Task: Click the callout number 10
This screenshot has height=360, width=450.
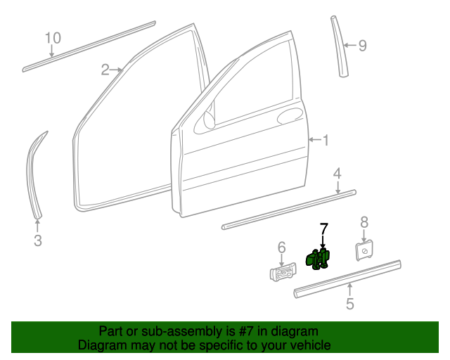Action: coord(53,38)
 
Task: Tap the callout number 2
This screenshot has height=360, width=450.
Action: coord(105,70)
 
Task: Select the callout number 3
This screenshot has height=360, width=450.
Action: coord(38,241)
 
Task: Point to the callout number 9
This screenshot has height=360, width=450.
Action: coord(362,46)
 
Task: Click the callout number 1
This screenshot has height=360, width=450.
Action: coord(325,141)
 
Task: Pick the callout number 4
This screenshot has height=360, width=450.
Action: coord(337,173)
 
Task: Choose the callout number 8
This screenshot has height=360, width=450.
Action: coord(364,222)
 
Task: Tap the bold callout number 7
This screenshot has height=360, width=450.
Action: coord(323,228)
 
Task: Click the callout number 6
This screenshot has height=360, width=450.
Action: coord(281,247)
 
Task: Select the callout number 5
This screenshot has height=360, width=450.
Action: coord(349,304)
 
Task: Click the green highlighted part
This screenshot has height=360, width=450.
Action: coord(320,259)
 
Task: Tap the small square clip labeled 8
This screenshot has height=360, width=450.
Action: coord(364,250)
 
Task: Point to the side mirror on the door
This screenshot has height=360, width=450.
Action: coord(209,120)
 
